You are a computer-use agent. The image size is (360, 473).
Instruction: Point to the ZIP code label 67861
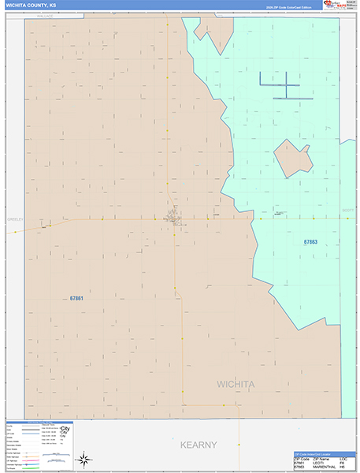[76, 299]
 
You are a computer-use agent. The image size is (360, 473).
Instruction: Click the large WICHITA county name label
[236, 384]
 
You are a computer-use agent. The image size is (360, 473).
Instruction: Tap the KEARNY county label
[198, 445]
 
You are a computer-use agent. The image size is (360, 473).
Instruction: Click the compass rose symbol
[84, 457]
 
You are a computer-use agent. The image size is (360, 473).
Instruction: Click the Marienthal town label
[279, 212]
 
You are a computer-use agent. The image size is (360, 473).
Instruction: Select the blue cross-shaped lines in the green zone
[279, 85]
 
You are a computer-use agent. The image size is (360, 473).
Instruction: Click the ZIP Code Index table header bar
[317, 456]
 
